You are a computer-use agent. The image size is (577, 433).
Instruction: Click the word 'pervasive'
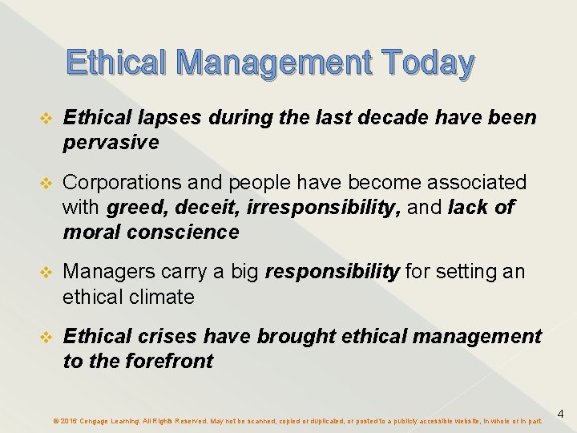pos(111,143)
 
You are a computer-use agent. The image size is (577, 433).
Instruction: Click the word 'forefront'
pos(169,362)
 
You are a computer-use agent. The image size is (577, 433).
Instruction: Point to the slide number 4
pos(560,414)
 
